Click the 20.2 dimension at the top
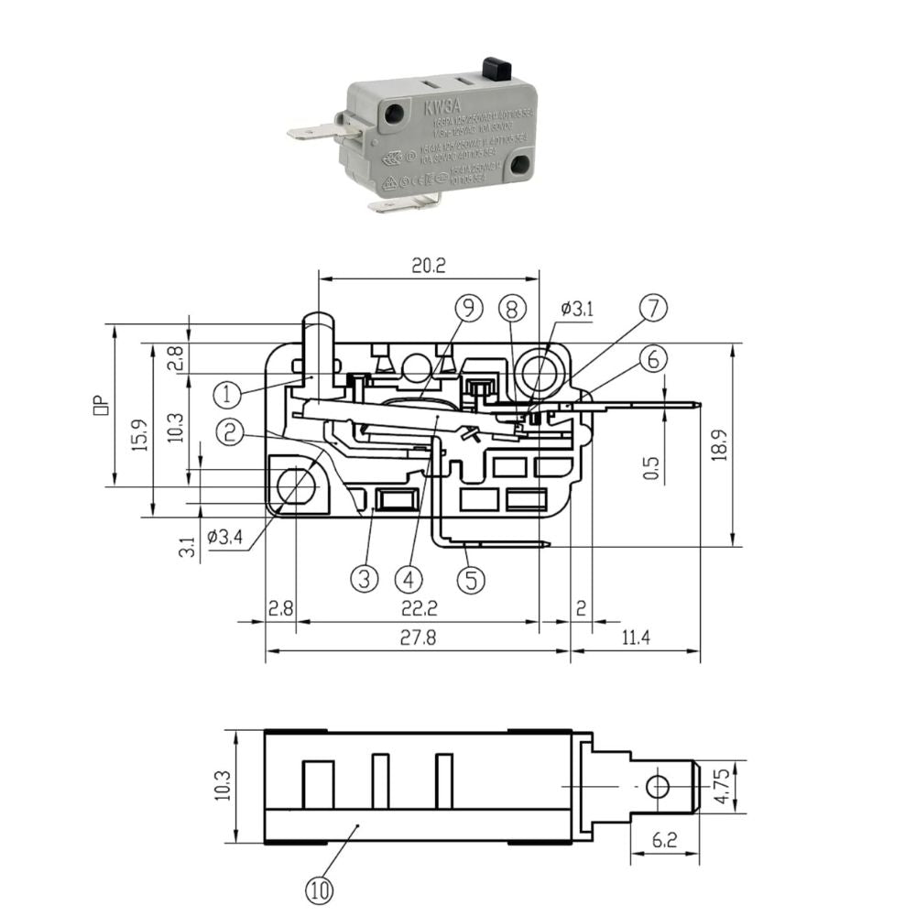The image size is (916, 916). click(x=428, y=266)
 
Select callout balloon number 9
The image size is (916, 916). click(x=468, y=309)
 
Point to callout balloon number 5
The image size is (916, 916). click(x=471, y=579)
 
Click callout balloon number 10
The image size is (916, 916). click(x=321, y=888)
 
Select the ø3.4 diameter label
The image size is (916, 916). click(x=224, y=537)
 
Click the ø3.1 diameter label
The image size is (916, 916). click(x=576, y=310)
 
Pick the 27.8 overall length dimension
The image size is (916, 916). click(x=418, y=638)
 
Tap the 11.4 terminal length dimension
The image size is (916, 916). click(x=633, y=638)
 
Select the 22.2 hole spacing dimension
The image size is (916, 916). click(x=418, y=608)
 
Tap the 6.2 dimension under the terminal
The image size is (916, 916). click(x=666, y=839)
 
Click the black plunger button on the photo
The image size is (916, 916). click(x=495, y=68)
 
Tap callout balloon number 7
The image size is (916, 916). click(x=653, y=309)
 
